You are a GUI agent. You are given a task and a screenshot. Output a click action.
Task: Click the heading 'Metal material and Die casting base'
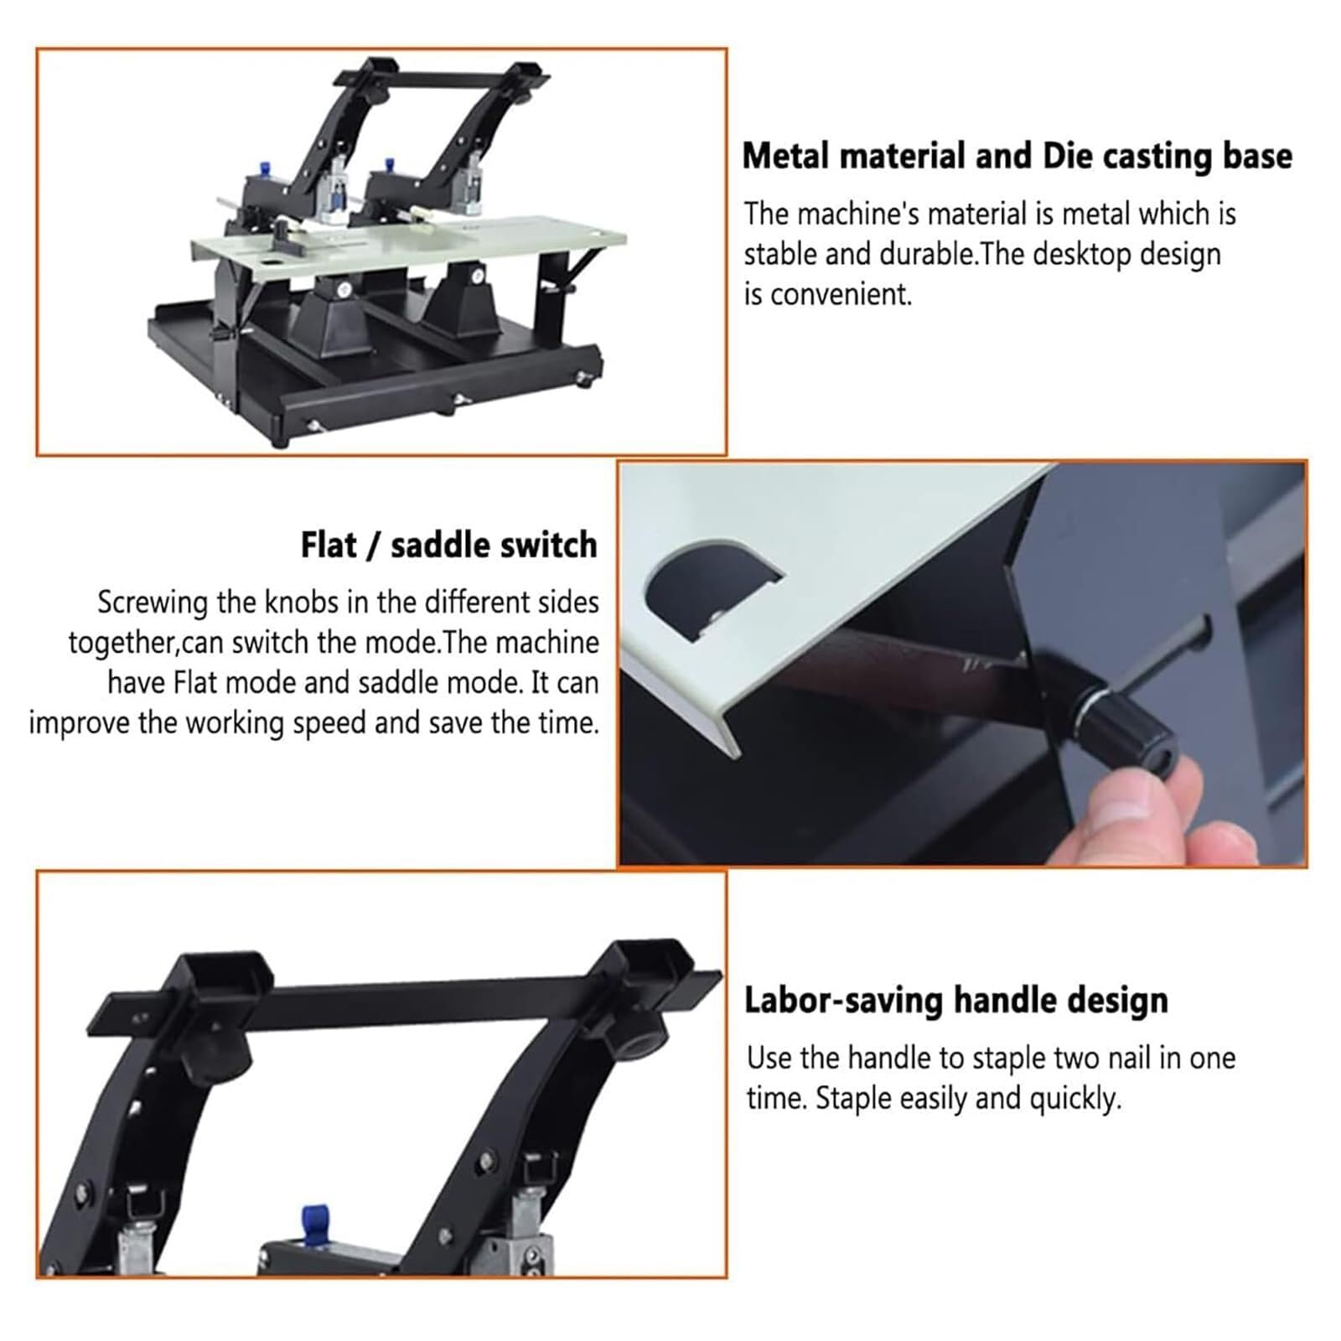pyautogui.click(x=1017, y=156)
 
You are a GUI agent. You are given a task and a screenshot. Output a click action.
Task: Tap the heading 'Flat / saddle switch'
pyautogui.click(x=448, y=545)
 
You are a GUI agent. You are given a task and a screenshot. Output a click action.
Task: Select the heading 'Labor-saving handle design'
pyautogui.click(x=956, y=1000)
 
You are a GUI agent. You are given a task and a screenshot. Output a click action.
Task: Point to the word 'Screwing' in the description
pyautogui.click(x=152, y=603)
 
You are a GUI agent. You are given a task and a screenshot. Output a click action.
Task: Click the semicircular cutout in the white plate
pyautogui.click(x=712, y=587)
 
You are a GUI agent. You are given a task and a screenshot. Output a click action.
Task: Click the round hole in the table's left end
pyautogui.click(x=273, y=264)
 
